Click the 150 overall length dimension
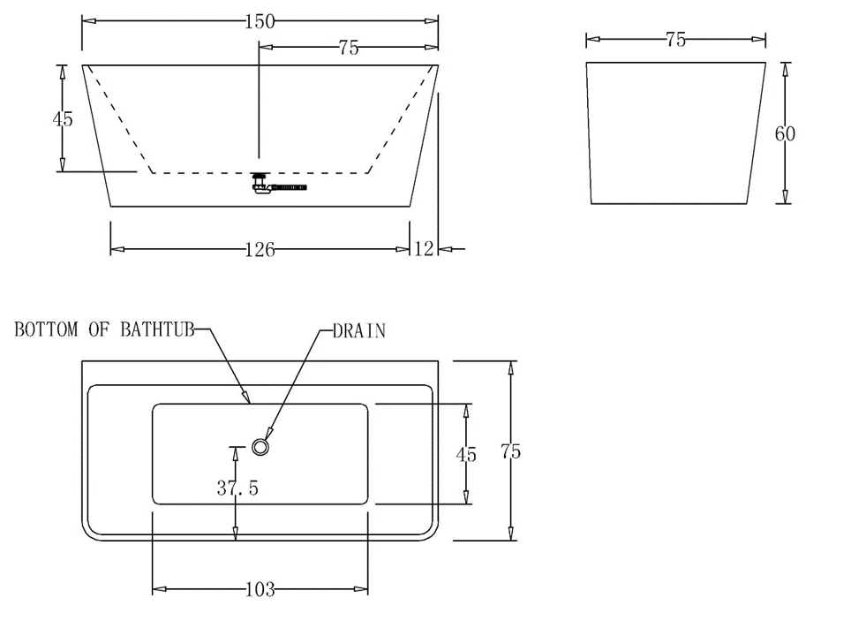point(259,22)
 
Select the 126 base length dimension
point(260,250)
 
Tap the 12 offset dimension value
point(425,250)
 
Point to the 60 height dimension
point(784,133)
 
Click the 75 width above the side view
point(675,40)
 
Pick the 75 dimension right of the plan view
point(510,451)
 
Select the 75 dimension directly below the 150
point(349,48)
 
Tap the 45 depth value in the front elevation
point(63,118)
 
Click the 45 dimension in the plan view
point(466,455)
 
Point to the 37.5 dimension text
point(237,488)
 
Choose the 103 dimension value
point(260,589)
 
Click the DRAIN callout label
point(359,331)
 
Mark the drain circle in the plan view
point(260,447)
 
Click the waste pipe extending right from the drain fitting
point(287,187)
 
